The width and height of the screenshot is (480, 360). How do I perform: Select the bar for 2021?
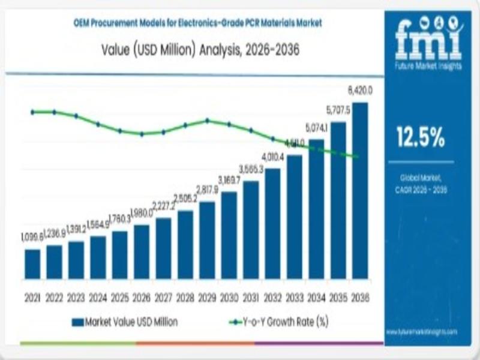[x=32, y=264]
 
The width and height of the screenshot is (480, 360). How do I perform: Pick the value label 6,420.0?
[x=361, y=91]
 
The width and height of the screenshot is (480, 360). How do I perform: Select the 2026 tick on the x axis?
[x=142, y=298]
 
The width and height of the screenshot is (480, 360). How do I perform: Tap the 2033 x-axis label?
[x=294, y=298]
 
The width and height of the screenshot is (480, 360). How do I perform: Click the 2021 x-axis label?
[x=32, y=298]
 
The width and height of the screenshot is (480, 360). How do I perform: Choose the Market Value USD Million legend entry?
[x=126, y=322]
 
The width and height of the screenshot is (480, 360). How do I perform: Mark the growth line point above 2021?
[x=32, y=112]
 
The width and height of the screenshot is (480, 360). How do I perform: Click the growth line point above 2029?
[x=207, y=120]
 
